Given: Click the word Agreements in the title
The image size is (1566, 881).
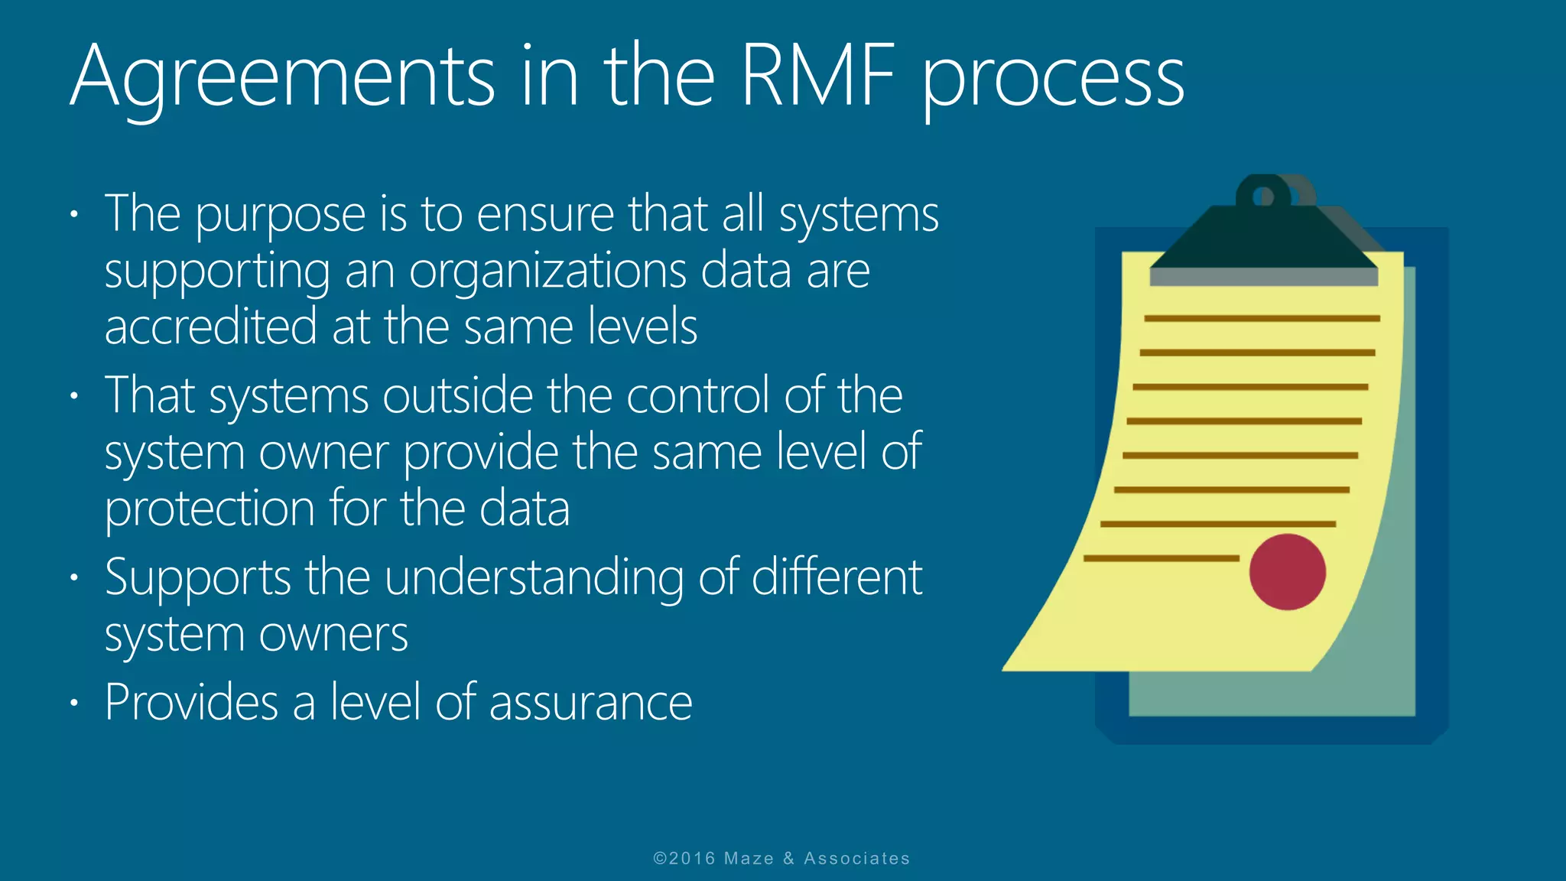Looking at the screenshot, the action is [x=283, y=76].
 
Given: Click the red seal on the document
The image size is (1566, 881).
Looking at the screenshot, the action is [x=1287, y=572].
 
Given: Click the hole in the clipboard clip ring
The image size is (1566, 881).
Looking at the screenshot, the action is [x=1263, y=197].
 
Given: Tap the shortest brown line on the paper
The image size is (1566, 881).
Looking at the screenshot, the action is [x=1161, y=559].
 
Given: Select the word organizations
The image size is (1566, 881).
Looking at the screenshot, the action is [x=547, y=272].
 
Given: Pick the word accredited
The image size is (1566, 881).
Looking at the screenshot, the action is [x=210, y=327].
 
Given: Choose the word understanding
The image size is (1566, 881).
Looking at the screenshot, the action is [x=534, y=579].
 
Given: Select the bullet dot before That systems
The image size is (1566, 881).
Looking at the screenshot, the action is [x=74, y=396].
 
